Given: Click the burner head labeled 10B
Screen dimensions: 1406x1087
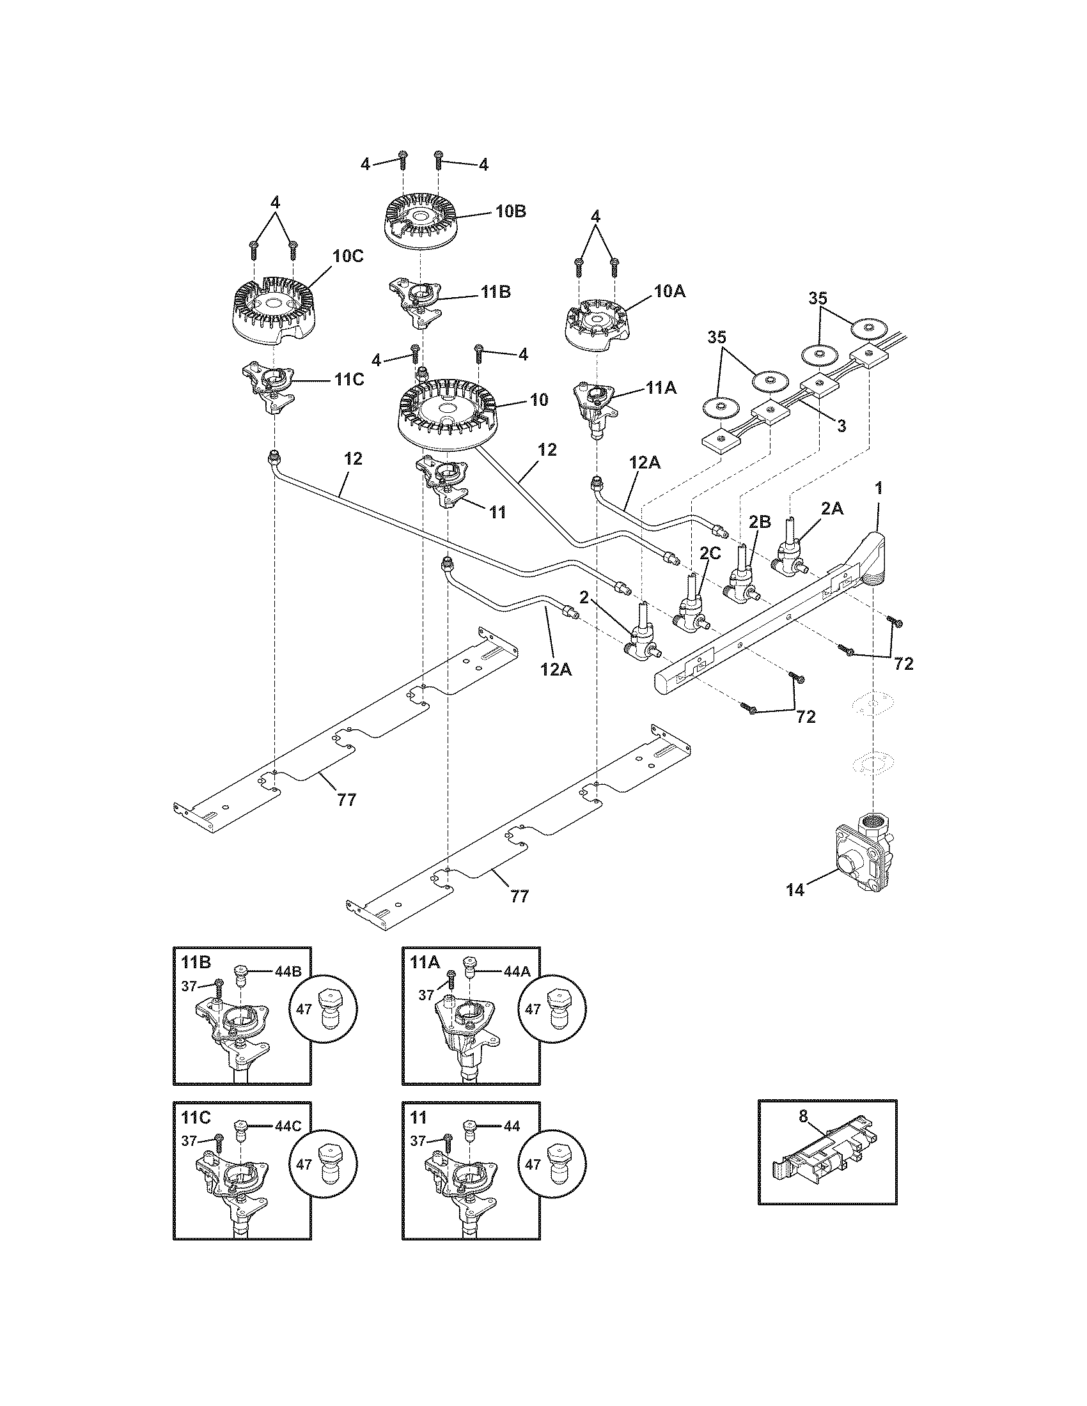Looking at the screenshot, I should [419, 223].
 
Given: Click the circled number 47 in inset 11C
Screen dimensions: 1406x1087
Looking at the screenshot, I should [304, 1164].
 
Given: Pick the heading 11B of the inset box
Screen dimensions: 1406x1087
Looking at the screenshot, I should [195, 962].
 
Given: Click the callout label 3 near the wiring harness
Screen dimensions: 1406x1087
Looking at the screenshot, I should [841, 426].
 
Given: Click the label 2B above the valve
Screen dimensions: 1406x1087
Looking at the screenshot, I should [760, 521].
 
